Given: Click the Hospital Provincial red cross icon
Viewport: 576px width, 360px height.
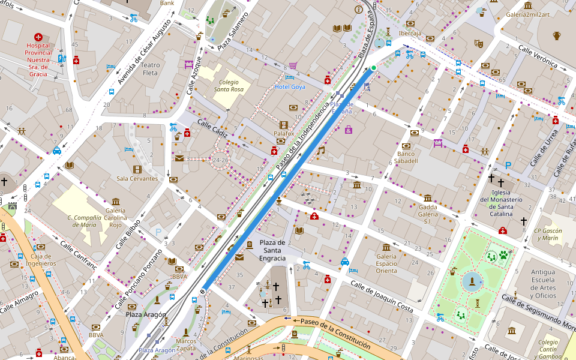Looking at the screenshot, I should (x=38, y=37).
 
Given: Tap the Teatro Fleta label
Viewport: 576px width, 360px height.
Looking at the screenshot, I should (x=150, y=69).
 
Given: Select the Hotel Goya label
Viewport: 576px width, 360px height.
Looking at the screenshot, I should (x=290, y=87).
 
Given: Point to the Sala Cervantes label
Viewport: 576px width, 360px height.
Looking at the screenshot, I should (x=137, y=178).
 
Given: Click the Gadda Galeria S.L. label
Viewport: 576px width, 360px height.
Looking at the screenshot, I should (x=428, y=214).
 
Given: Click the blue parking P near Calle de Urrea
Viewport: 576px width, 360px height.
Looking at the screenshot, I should (x=508, y=165).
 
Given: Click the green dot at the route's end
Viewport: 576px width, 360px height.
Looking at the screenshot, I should (x=373, y=68).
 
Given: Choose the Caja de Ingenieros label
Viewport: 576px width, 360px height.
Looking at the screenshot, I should (x=41, y=260).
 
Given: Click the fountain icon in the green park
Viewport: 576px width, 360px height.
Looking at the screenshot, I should (x=472, y=281).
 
